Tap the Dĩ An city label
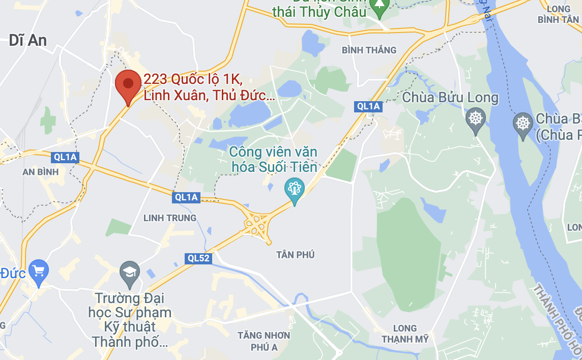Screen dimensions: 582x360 tap(28, 41)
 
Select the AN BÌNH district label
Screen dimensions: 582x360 tap(41, 172)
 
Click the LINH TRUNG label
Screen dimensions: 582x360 tap(170, 218)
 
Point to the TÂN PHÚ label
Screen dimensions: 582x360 tap(296, 254)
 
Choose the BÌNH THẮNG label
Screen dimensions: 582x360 tap(369, 50)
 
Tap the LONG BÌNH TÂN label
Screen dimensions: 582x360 tap(558, 14)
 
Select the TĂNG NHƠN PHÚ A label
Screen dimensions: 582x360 tap(264, 341)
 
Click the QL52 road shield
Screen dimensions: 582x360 tap(198, 258)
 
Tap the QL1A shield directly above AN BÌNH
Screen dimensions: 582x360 tap(65, 157)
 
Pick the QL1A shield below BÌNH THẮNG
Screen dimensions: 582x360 tap(368, 106)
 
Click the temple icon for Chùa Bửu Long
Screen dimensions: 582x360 tap(476, 119)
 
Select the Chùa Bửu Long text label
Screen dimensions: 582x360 tap(450, 98)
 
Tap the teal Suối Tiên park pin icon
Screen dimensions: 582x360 tap(294, 189)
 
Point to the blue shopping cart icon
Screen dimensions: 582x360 tap(39, 271)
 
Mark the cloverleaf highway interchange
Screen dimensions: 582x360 tap(256, 224)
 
